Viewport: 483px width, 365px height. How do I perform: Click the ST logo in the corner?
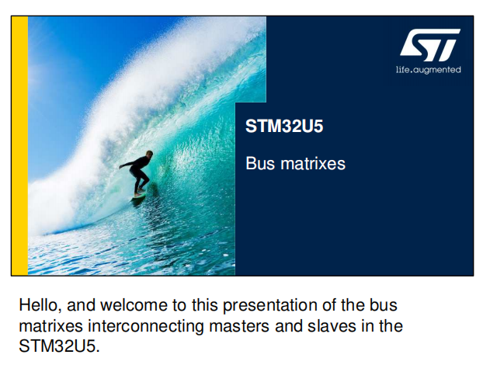point(430,45)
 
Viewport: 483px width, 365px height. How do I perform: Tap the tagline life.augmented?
point(428,70)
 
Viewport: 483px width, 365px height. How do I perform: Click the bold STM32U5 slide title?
point(284,126)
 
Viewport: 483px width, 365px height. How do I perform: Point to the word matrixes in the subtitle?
point(313,163)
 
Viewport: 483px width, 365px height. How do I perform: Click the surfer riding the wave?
point(137,174)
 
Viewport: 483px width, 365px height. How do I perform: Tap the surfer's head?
point(149,154)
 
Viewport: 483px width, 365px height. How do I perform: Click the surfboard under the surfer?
point(140,195)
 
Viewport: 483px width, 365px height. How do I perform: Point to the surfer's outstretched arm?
point(127,164)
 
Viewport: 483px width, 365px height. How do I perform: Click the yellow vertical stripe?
point(19,146)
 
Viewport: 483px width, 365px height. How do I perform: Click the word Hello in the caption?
point(40,305)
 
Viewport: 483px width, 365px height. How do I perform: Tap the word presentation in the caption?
point(269,305)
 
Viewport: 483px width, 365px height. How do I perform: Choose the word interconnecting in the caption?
point(146,326)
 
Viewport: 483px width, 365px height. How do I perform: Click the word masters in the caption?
point(239,326)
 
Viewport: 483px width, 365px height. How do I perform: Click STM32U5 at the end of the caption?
point(60,346)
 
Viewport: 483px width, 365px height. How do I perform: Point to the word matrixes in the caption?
point(50,326)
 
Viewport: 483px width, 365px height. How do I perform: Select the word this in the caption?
point(204,305)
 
